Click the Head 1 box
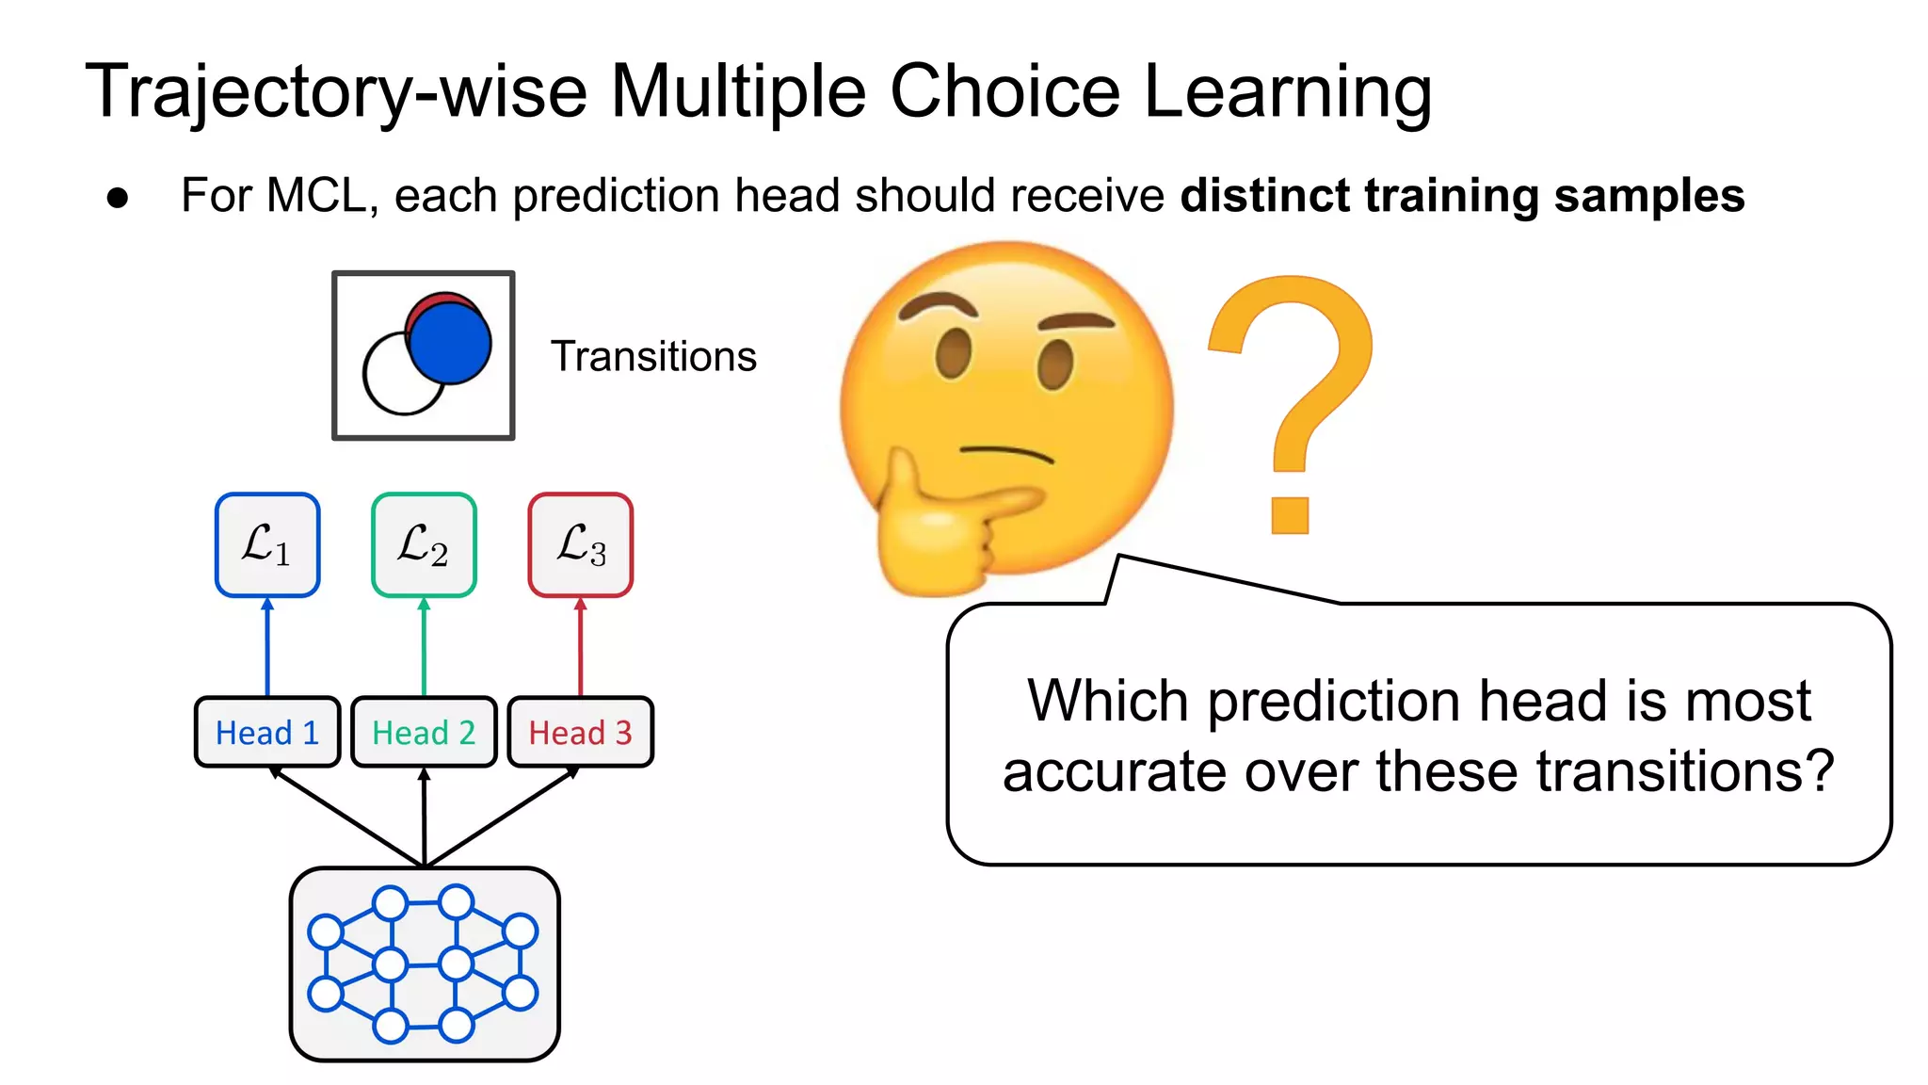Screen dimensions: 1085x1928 [x=266, y=732]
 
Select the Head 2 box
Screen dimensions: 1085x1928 [x=424, y=732]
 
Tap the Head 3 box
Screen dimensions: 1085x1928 [x=580, y=732]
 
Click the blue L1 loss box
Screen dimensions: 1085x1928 [x=267, y=544]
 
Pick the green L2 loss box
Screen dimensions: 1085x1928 [x=424, y=544]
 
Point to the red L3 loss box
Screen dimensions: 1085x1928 [x=580, y=544]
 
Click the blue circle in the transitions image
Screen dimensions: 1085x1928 [x=450, y=344]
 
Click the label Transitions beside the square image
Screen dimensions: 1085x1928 [x=653, y=357]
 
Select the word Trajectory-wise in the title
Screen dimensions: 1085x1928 [x=335, y=92]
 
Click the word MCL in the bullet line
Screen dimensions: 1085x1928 [x=314, y=196]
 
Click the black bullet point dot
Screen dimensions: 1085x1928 [x=118, y=198]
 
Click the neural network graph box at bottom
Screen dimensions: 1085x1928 [x=424, y=964]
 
